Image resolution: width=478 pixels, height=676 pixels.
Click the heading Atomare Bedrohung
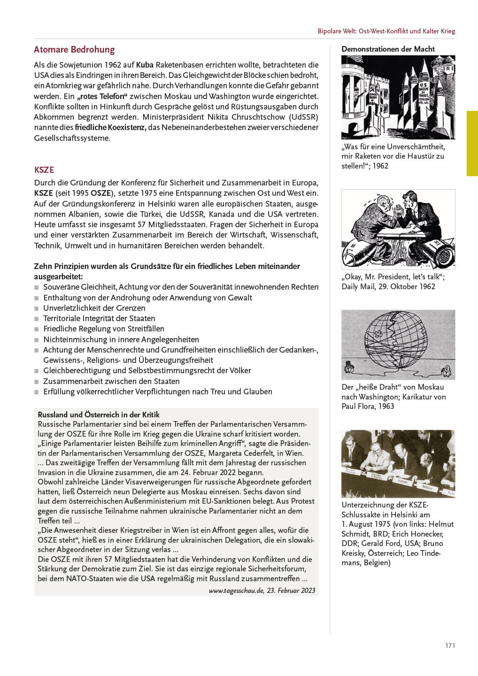74,50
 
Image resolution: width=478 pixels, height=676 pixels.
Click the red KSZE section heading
44,170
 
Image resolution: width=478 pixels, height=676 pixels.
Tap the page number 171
450,645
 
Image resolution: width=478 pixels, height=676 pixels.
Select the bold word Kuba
145,65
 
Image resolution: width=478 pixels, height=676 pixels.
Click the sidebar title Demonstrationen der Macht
388,49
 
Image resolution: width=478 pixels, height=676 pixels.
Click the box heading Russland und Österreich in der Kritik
99,415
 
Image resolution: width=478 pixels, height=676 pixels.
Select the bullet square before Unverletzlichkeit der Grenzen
37,308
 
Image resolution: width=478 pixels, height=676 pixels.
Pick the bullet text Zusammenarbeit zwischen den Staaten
111,381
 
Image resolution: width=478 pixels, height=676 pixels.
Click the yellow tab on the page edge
472,143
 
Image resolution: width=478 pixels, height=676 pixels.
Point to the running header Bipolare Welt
386,31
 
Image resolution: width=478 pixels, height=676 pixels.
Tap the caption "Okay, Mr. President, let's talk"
393,277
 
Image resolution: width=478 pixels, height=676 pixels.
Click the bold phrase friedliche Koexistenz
110,128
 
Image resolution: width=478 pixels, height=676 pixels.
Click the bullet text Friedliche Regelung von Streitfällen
104,329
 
